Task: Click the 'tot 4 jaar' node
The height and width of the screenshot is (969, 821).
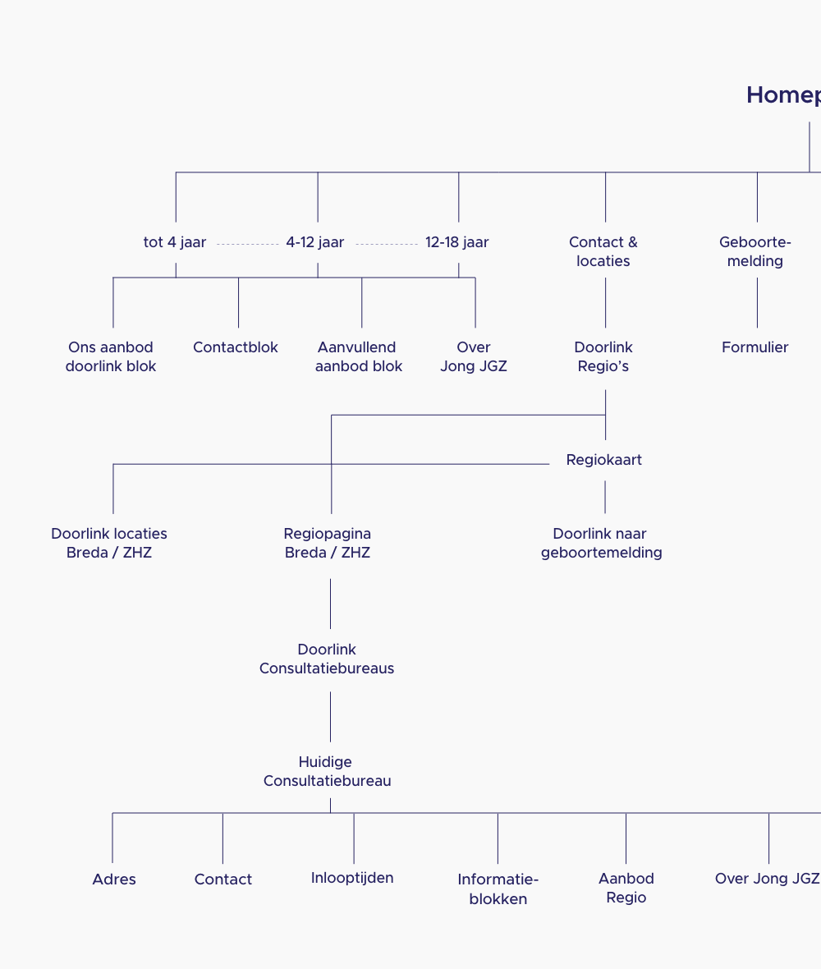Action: tap(175, 242)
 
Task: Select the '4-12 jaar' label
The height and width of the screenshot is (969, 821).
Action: tap(315, 242)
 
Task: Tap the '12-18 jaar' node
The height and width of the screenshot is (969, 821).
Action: tap(457, 242)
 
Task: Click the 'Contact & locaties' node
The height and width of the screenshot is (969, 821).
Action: tap(603, 251)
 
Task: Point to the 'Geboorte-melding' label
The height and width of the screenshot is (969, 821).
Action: tap(755, 251)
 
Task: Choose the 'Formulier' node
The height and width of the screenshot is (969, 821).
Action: tap(755, 347)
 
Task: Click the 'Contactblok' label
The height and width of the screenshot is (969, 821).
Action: tap(236, 347)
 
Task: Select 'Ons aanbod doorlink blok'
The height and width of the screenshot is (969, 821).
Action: tap(111, 356)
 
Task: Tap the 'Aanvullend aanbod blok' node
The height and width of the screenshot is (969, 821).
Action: tap(359, 356)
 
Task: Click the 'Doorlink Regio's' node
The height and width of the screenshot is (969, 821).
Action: tap(603, 356)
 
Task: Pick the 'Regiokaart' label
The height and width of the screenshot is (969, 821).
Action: tap(604, 460)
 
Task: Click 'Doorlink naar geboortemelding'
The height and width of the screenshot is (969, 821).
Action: tap(602, 543)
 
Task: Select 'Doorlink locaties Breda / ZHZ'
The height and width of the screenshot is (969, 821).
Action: tap(109, 543)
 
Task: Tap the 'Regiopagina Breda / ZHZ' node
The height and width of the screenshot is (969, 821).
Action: tap(328, 543)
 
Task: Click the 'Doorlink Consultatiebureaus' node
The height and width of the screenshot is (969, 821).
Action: tap(327, 659)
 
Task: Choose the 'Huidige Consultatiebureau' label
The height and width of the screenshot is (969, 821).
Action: tap(327, 771)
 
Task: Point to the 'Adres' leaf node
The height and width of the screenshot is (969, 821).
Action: tap(114, 879)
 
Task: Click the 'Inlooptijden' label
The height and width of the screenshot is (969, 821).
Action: tap(352, 878)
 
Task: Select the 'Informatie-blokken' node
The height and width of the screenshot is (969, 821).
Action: tap(498, 889)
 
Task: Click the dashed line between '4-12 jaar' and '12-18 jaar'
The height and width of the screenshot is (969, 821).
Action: tap(387, 244)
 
